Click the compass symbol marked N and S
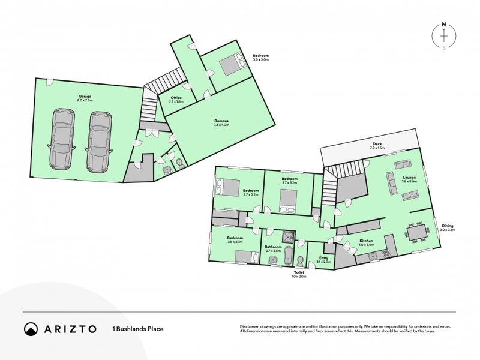[x=443, y=36]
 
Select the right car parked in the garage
[x=99, y=139]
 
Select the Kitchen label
[x=366, y=242]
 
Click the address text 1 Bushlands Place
[x=137, y=329]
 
